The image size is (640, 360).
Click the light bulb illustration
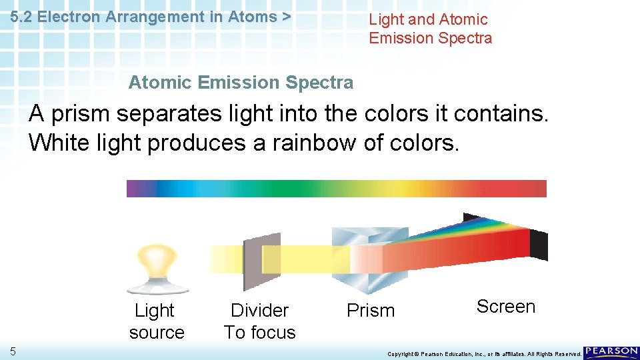[157, 267]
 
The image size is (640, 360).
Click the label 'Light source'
[157, 321]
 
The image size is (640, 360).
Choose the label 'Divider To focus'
[259, 321]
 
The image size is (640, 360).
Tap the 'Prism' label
[371, 311]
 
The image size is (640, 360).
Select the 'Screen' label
[506, 307]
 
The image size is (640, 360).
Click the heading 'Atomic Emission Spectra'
[241, 83]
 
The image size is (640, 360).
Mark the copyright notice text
[484, 354]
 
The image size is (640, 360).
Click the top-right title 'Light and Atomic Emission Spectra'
[431, 29]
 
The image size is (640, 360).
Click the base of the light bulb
[157, 287]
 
